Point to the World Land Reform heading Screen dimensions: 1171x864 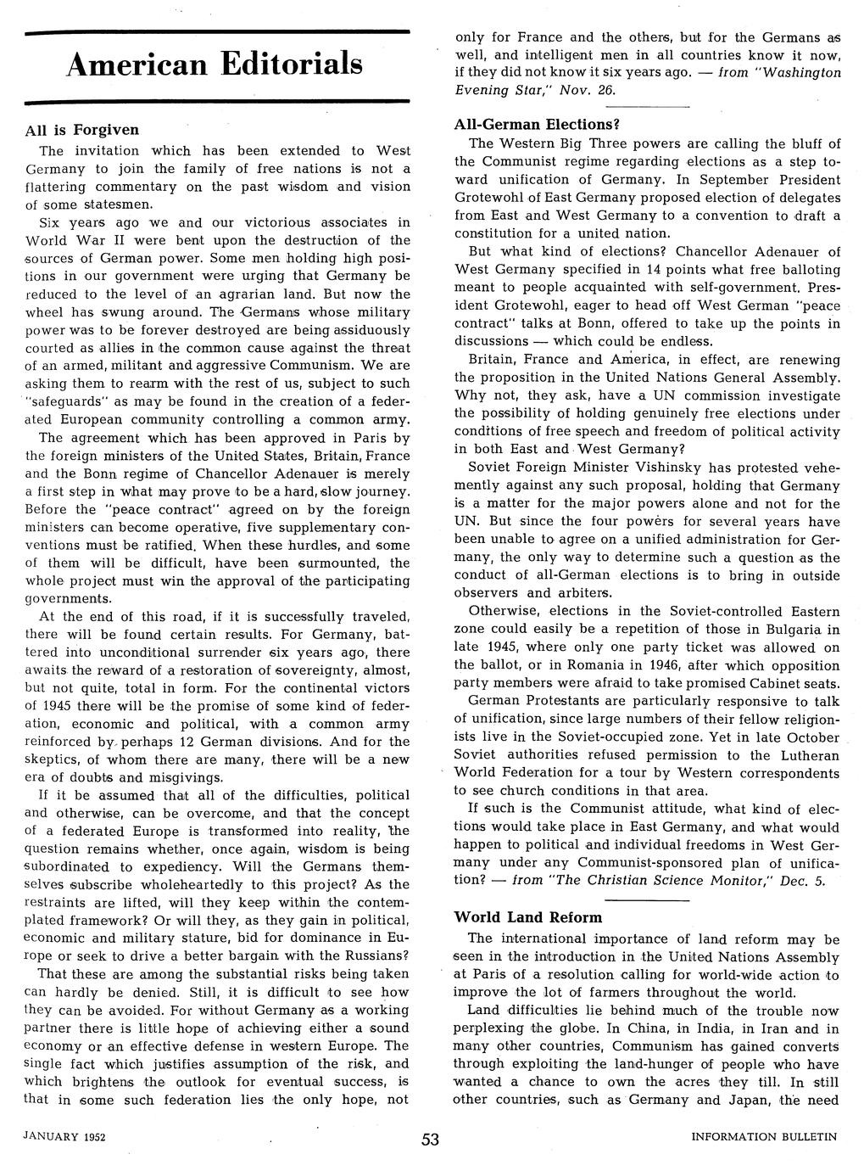[527, 917]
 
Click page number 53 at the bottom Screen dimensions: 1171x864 [431, 1140]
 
